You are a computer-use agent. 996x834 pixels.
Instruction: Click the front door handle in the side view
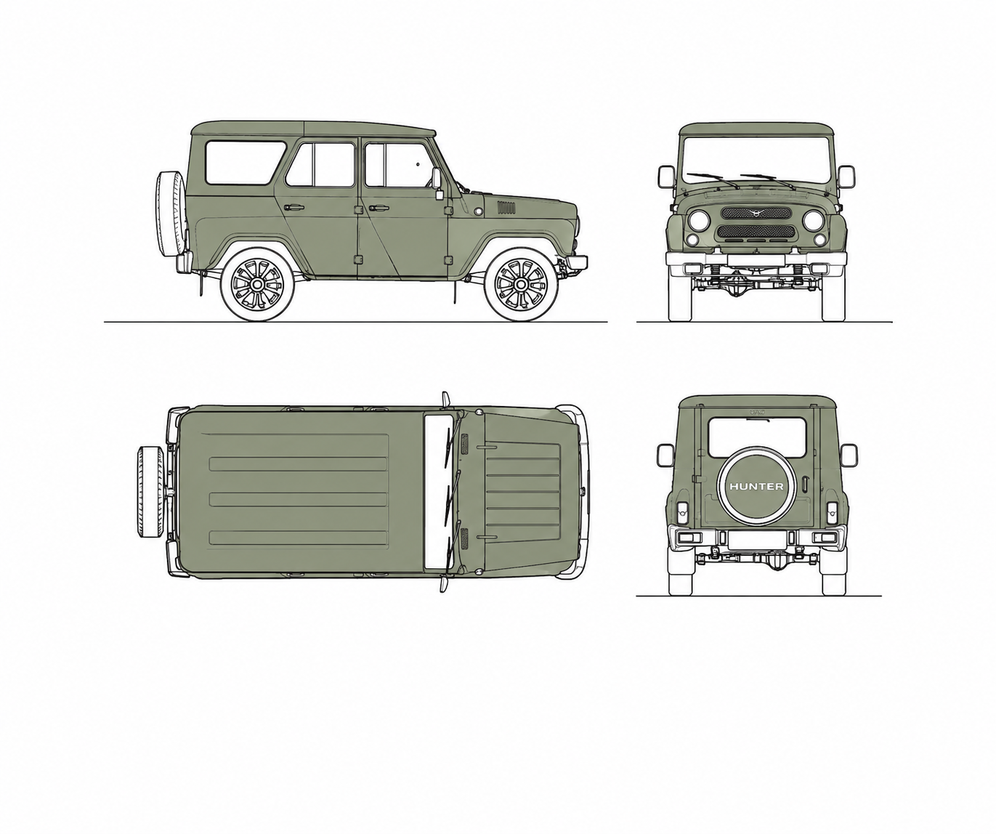[x=378, y=208]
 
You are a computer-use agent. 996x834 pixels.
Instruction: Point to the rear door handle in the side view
[x=293, y=208]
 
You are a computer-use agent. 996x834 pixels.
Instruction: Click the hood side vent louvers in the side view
[x=506, y=208]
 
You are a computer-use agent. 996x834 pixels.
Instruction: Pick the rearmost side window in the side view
[x=244, y=163]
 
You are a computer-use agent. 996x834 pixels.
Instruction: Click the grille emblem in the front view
[x=756, y=213]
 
